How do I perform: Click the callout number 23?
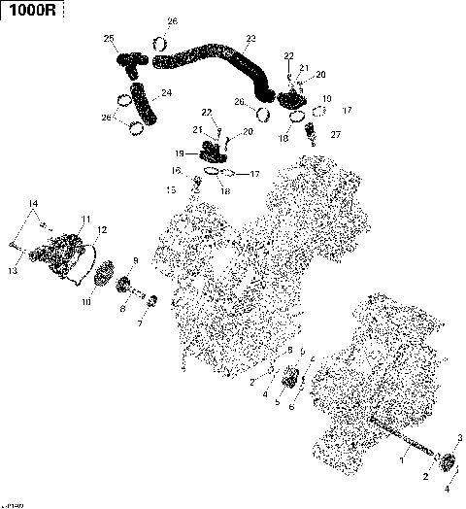click(250, 38)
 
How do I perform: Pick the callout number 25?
click(110, 38)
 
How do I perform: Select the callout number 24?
click(167, 94)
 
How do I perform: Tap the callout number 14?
click(33, 203)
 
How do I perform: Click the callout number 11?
click(85, 219)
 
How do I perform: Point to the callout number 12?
click(102, 230)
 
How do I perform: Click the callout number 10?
click(85, 302)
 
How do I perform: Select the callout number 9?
click(135, 260)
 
